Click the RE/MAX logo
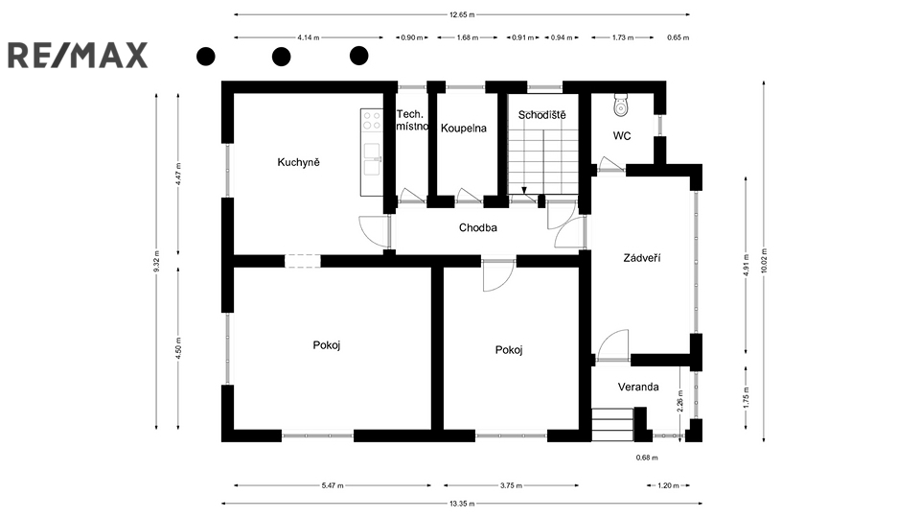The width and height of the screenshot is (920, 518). click(78, 56)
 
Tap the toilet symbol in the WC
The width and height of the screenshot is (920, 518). click(621, 106)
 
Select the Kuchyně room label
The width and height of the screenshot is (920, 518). click(299, 162)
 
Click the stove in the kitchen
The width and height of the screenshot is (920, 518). click(372, 121)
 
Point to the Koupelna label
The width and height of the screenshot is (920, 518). click(464, 128)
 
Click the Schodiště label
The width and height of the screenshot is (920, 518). click(542, 115)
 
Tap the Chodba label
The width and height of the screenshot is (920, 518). click(477, 227)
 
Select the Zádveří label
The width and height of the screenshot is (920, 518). click(642, 257)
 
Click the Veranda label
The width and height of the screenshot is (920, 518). click(638, 387)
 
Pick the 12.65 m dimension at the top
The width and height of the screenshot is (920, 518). click(462, 14)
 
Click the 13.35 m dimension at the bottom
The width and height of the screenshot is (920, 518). click(462, 504)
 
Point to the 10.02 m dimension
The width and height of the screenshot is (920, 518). click(764, 260)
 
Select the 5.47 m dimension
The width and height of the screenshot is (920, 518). click(333, 485)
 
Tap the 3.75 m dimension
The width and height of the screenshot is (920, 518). click(511, 485)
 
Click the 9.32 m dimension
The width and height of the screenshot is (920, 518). click(156, 261)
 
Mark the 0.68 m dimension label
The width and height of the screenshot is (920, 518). click(647, 458)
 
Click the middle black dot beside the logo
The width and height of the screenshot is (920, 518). click(282, 57)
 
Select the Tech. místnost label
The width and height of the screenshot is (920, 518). click(412, 121)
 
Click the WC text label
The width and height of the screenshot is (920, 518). click(622, 136)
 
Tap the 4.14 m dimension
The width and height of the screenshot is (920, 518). click(309, 37)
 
